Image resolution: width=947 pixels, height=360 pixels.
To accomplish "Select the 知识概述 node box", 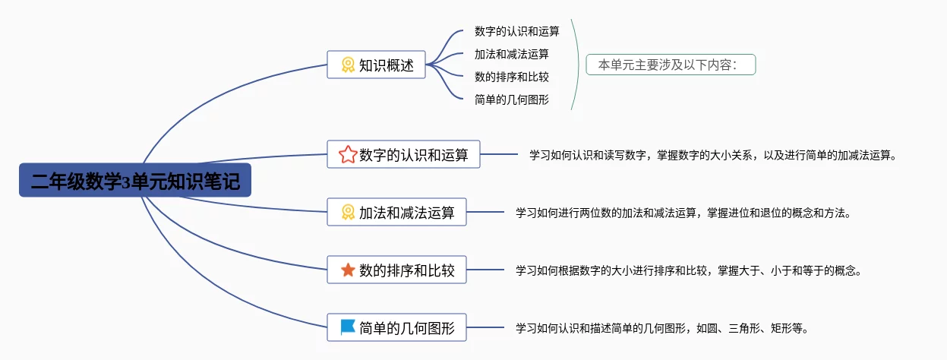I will point(377,65).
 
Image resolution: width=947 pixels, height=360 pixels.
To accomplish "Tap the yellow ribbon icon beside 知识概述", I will point(348,65).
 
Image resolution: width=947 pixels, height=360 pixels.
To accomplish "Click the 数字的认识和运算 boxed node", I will point(403,155).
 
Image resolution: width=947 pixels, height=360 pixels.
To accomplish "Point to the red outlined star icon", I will point(348,155).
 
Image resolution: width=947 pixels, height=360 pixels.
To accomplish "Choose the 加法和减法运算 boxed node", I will point(396,212).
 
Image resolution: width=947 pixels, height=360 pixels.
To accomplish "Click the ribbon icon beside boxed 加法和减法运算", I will point(348,213).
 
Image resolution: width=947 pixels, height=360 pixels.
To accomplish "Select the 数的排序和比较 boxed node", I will point(396,270).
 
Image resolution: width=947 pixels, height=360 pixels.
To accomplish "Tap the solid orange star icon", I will point(348,270).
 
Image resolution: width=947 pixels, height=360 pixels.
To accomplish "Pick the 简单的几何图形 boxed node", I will point(396,328).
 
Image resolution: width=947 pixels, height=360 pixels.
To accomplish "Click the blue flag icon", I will point(348,327).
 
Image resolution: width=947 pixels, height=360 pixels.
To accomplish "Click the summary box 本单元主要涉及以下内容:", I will point(671,65).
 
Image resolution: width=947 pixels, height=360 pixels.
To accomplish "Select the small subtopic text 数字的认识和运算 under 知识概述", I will point(516,32).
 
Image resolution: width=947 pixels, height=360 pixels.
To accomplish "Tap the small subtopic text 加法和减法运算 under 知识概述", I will point(511,55).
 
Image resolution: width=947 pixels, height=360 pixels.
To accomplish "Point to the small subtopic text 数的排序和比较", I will point(511,77).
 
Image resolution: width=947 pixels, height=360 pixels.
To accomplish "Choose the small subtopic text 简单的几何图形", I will point(511,99).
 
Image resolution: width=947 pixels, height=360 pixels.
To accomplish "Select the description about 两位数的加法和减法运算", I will point(683,213).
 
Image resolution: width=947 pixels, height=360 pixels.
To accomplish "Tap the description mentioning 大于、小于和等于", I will point(688,270).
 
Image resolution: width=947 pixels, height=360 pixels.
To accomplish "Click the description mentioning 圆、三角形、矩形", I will point(661,328).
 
